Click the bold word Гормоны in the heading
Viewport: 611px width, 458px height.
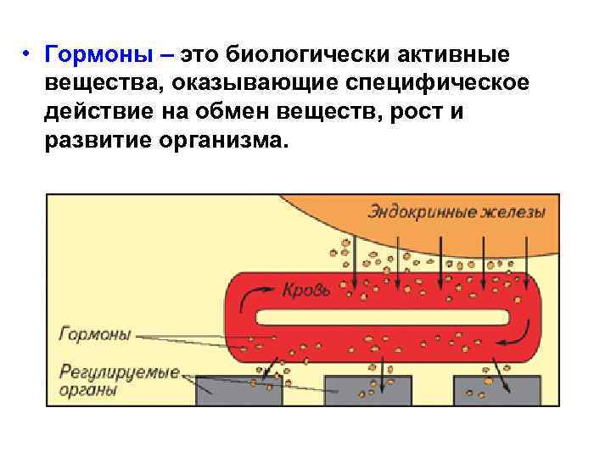100,55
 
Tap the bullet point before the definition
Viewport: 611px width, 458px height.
27,55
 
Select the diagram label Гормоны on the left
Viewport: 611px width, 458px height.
94,334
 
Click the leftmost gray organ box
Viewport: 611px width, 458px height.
238,391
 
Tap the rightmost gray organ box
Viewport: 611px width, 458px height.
496,391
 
